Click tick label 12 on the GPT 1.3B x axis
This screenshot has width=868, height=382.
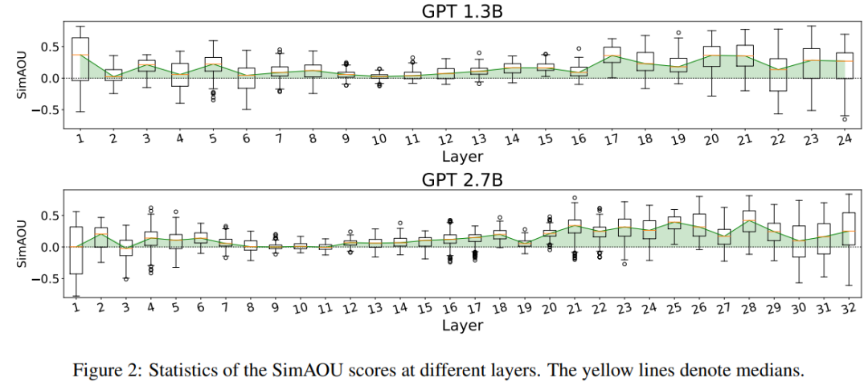point(446,139)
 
